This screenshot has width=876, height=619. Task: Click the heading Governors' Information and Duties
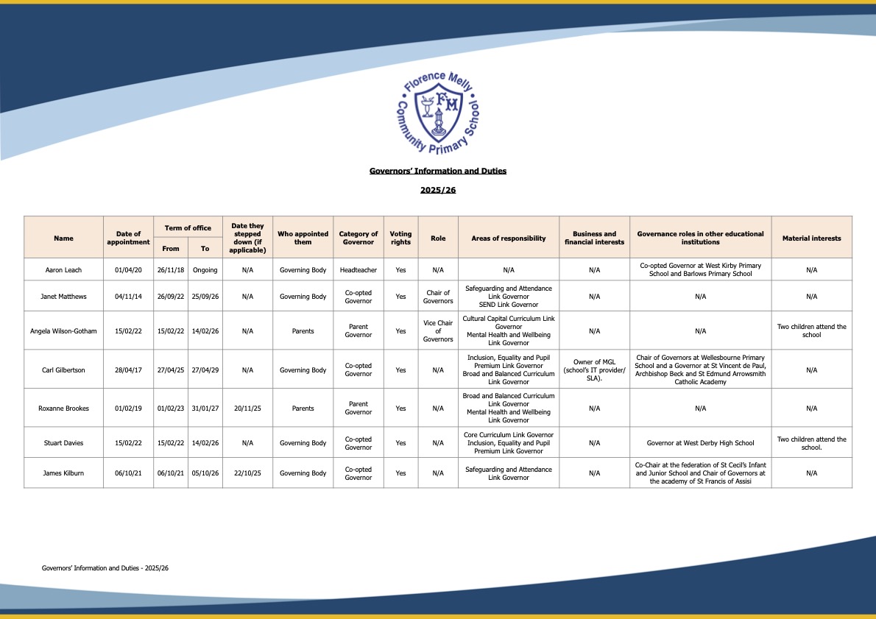(x=438, y=171)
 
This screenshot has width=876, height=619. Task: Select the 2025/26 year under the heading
(x=438, y=190)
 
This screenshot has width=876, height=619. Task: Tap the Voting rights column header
(x=400, y=238)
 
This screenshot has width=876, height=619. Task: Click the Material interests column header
(x=811, y=238)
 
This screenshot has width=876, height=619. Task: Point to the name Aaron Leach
(x=63, y=270)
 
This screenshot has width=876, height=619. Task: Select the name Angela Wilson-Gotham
(x=63, y=331)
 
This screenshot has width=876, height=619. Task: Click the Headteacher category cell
(x=358, y=270)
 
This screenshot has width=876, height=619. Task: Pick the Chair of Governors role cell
(x=438, y=297)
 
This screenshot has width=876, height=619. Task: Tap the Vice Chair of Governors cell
(x=438, y=331)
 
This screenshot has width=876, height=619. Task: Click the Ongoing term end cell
(x=205, y=270)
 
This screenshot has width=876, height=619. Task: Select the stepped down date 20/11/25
(x=247, y=408)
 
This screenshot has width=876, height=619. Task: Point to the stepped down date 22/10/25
(x=247, y=473)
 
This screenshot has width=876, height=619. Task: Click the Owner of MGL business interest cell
(x=594, y=370)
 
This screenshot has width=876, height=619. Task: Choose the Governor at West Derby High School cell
(x=700, y=443)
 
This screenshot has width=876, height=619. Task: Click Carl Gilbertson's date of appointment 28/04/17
(x=128, y=370)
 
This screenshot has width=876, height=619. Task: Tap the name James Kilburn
(x=63, y=473)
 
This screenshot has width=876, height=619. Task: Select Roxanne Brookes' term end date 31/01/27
(x=205, y=408)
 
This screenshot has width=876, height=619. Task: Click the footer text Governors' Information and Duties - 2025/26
(x=105, y=568)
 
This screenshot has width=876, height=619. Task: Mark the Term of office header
(x=188, y=228)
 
